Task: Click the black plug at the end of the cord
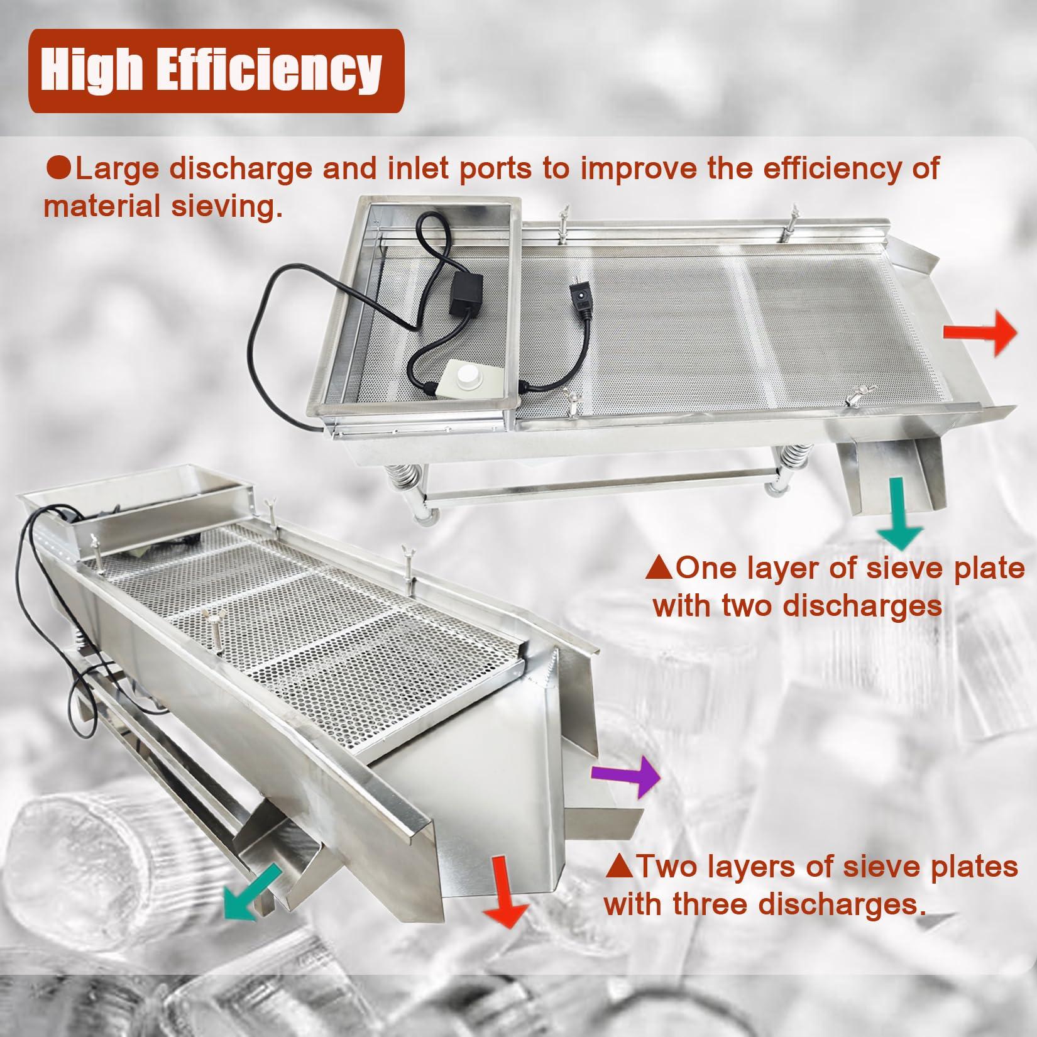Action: (x=579, y=300)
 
